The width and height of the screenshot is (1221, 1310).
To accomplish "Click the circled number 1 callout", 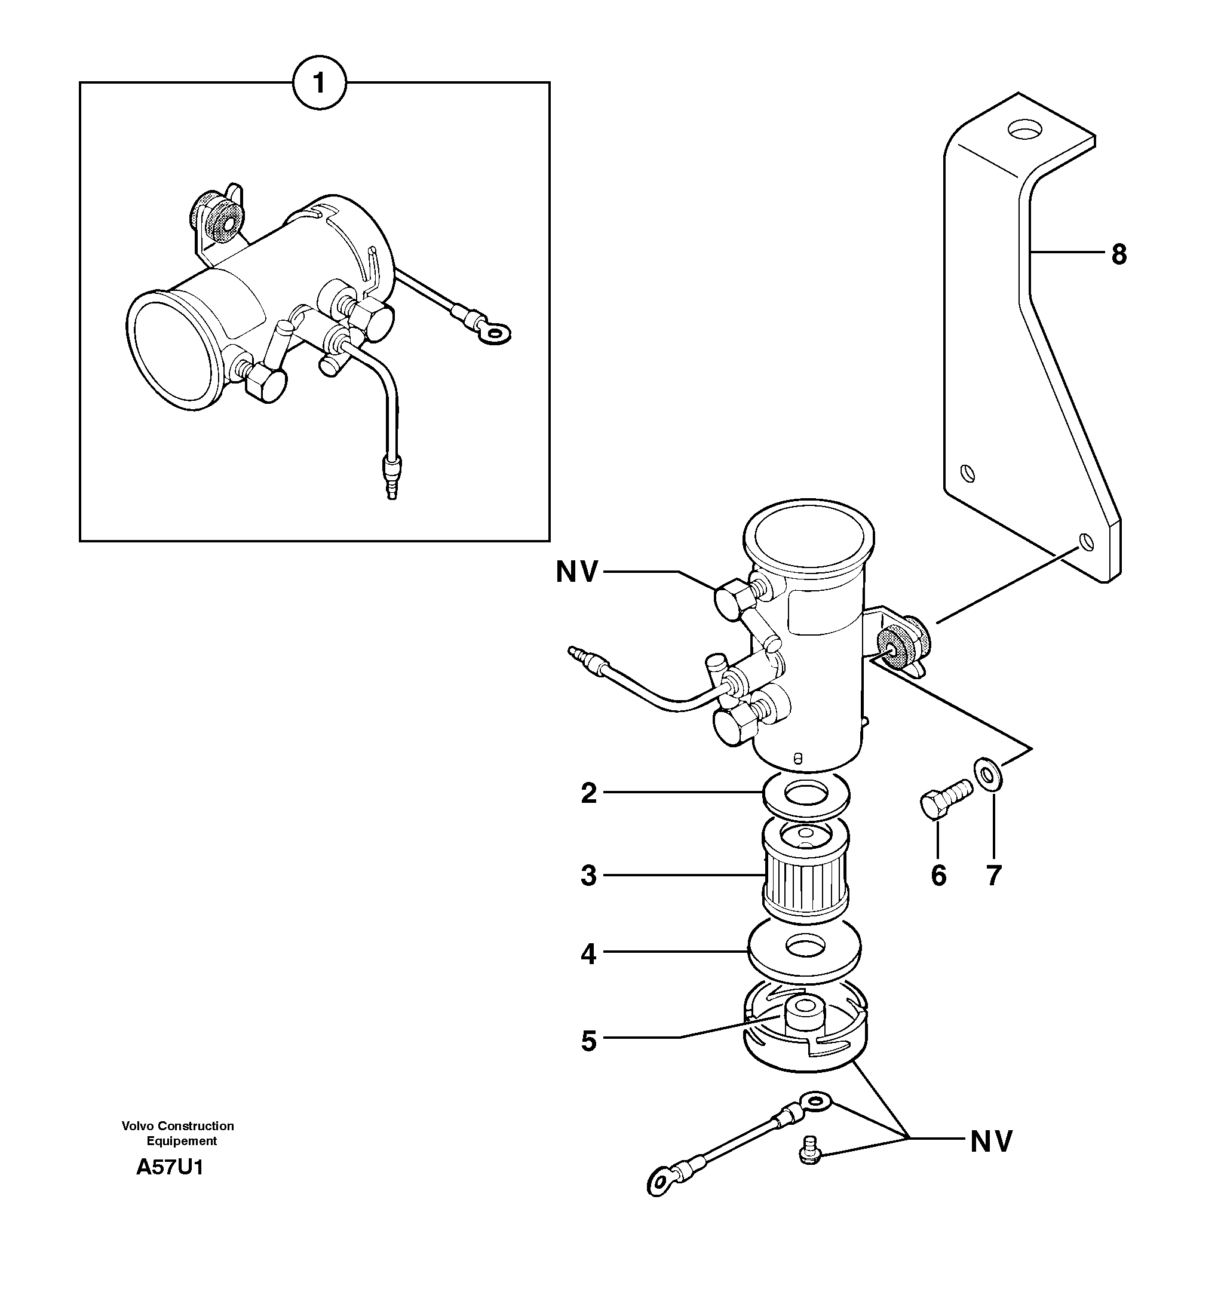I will [x=319, y=84].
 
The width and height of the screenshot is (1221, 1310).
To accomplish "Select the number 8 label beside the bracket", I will [x=1118, y=254].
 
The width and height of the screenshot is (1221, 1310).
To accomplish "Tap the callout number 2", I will [x=588, y=793].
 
